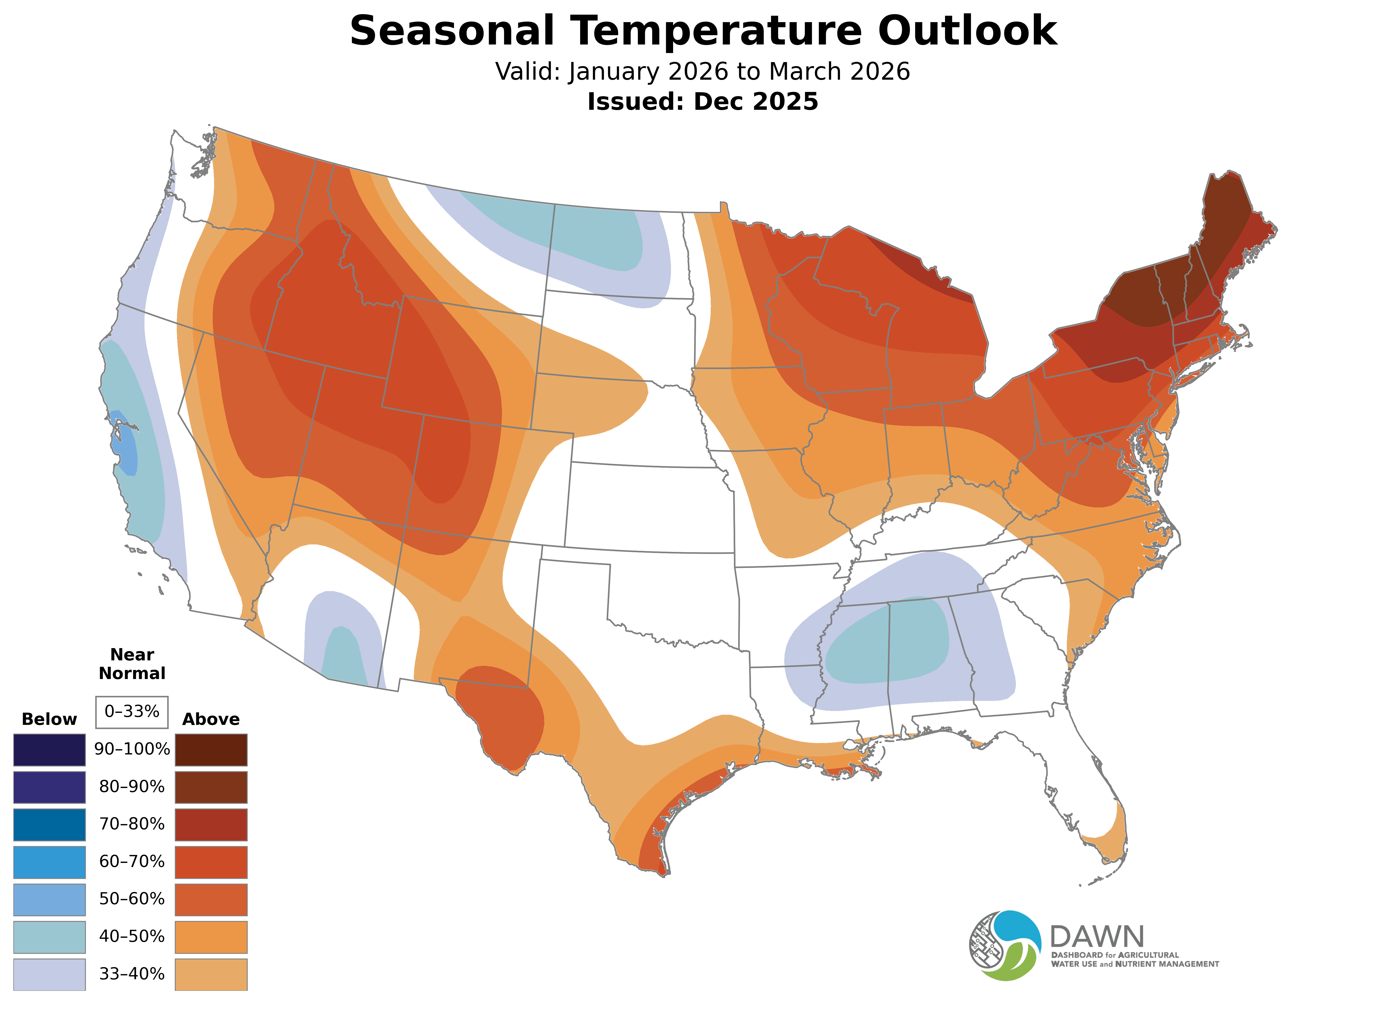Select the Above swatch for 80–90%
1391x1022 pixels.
[211, 787]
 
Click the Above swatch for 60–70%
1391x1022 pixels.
[211, 862]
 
